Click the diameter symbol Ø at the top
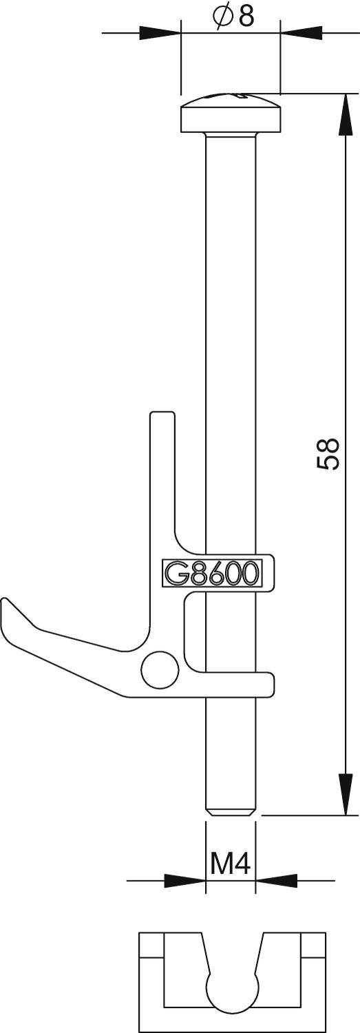pyautogui.click(x=222, y=17)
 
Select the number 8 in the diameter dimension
pyautogui.click(x=246, y=17)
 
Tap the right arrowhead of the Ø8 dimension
pyautogui.click(x=301, y=32)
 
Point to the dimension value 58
pyautogui.click(x=328, y=454)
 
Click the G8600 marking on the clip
pyautogui.click(x=211, y=573)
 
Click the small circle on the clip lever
pyautogui.click(x=157, y=669)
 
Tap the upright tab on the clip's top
pyautogui.click(x=162, y=448)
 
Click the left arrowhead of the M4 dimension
pyautogui.click(x=184, y=880)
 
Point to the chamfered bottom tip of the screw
pyautogui.click(x=231, y=811)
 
